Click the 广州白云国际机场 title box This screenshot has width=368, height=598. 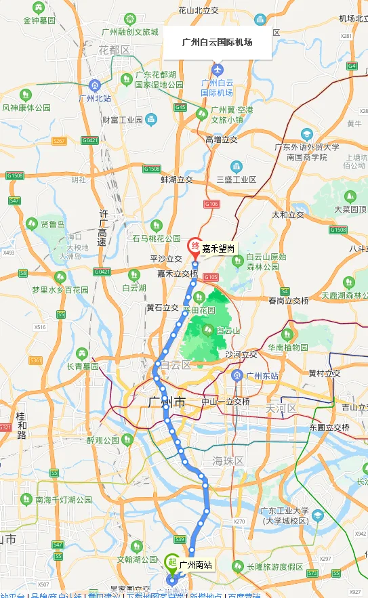point(217,42)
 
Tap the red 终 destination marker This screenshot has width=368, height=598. point(194,246)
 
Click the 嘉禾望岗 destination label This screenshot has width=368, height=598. point(218,249)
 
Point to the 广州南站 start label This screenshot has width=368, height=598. point(196,564)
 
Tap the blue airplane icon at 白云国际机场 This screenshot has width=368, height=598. point(217,69)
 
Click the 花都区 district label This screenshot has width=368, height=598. point(113,50)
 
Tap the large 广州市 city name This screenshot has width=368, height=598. point(166,402)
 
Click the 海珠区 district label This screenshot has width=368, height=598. point(228,461)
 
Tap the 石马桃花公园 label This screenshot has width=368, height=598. point(157,238)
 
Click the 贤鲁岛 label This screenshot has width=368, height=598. point(52,224)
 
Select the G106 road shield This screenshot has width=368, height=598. point(211,204)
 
